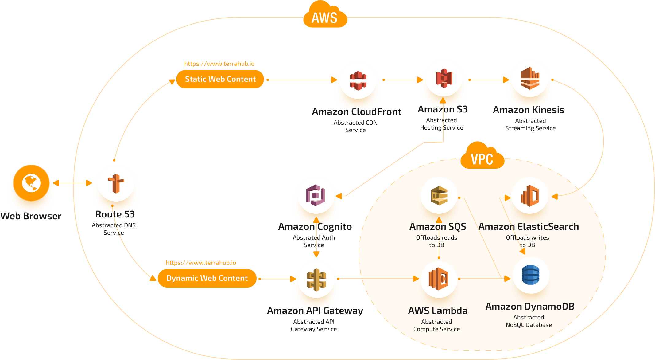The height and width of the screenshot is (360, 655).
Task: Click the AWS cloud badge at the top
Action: pos(325,17)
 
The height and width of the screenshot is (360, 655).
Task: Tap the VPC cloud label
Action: pos(482,158)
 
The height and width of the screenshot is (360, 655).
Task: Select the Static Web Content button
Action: pos(220,79)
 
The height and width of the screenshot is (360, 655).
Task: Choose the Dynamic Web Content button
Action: pos(207,278)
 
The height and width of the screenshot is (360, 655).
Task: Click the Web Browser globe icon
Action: pos(31,183)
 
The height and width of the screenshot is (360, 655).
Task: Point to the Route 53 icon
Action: pos(116,183)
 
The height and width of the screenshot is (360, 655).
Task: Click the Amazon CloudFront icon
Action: pos(358,80)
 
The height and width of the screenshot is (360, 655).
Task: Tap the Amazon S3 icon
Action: pos(444,78)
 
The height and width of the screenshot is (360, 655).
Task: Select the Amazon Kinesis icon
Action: pos(529,79)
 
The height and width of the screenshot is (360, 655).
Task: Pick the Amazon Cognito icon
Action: pos(316,195)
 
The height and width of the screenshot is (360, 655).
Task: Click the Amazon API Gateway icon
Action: pos(316,280)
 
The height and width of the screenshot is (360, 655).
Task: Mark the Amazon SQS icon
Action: pos(439,195)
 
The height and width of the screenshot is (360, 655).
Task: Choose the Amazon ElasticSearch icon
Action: pos(529,195)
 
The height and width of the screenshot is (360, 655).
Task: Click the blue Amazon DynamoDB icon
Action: pos(531,275)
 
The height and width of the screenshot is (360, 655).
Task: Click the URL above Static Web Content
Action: pos(219,64)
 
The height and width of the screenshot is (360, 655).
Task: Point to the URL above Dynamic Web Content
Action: pos(201,263)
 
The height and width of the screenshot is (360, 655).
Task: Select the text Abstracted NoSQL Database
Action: pos(529,321)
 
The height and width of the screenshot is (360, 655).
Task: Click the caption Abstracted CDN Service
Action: pos(355,126)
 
